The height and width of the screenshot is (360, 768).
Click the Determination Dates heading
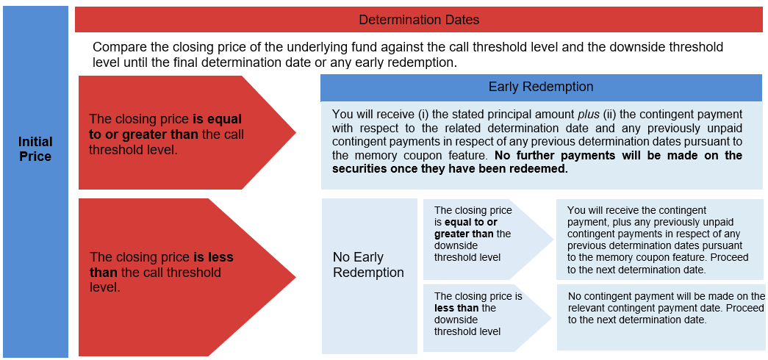pos(419,20)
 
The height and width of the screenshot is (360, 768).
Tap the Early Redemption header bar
pos(541,87)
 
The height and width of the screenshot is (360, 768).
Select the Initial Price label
pos(35,149)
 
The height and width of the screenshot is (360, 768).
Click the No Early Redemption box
pos(370,276)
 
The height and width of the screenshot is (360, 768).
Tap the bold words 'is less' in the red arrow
pos(214,257)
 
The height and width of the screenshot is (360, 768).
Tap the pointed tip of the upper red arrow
pos(296,132)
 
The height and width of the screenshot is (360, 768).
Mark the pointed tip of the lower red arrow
pos(296,277)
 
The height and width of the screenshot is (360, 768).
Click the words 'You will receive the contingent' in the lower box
pos(636,211)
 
